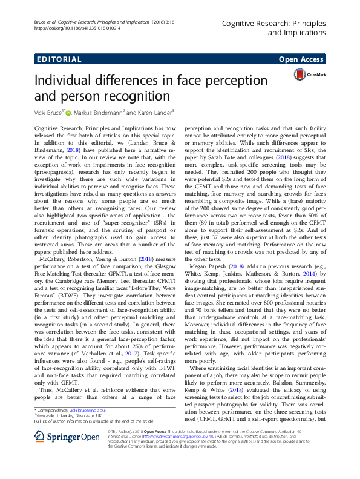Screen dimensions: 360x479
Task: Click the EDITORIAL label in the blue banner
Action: pos(59,59)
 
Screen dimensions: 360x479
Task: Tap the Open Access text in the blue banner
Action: pos(302,59)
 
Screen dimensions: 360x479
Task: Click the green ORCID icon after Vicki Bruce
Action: pos(68,113)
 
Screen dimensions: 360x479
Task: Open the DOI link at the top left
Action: pos(69,28)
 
